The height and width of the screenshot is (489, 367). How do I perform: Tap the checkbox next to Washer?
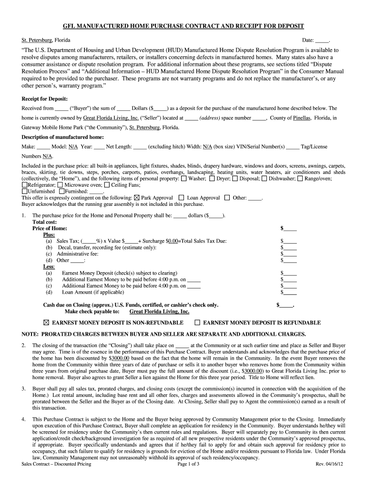pos(184,179)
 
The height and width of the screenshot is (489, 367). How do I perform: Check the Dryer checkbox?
pos(212,179)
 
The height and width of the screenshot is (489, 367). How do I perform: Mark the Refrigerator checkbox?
pos(25,185)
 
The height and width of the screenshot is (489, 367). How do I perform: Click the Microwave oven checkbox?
pos(60,185)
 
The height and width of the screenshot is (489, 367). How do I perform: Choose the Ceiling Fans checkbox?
pos(107,185)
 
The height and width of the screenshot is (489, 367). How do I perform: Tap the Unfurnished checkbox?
pos(25,191)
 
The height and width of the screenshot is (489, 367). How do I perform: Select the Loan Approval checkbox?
pos(181,197)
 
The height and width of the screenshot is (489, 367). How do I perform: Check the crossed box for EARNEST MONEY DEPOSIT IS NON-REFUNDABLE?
pos(46,323)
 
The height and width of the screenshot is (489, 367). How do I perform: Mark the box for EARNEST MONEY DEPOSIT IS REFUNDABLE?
pos(198,323)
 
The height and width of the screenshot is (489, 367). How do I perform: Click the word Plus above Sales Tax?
pos(49,235)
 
